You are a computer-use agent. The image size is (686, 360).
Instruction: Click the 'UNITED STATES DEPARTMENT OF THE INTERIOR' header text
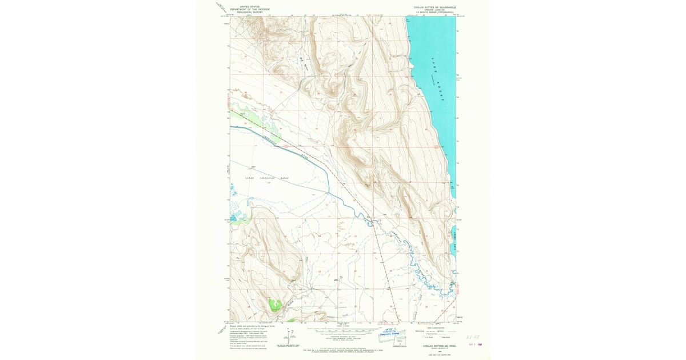[x=249, y=8]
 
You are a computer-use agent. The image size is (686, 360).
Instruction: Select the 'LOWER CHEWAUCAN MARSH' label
[x=267, y=178]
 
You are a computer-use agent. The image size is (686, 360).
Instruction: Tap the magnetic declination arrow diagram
[x=292, y=336]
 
